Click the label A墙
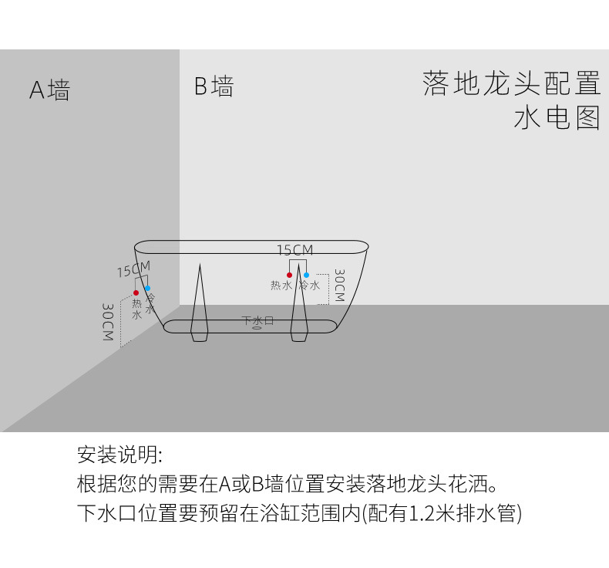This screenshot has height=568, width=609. pos(49,90)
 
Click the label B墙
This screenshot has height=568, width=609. pos(214,86)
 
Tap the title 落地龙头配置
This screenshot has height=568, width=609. pos(512,83)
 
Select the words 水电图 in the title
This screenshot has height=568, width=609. pos(557,118)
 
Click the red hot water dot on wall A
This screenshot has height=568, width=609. pos(136,292)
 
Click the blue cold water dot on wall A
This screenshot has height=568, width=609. pos(147,288)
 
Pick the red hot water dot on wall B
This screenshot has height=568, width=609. pos(289,275)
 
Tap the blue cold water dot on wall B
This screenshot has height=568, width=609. pos(307,275)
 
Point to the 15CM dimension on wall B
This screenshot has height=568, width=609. pos(294,249)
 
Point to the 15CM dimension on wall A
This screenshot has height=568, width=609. pos(134,269)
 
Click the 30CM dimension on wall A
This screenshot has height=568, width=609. pos(108,322)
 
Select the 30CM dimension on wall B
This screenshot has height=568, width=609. pos(339,285)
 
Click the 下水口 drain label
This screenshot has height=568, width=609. pos(257,321)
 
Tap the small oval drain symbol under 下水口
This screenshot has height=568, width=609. pos(257,328)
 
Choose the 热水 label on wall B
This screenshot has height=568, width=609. pos(281,286)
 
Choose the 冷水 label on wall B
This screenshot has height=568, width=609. pos(310,286)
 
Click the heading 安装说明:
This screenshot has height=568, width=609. pos(119,454)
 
